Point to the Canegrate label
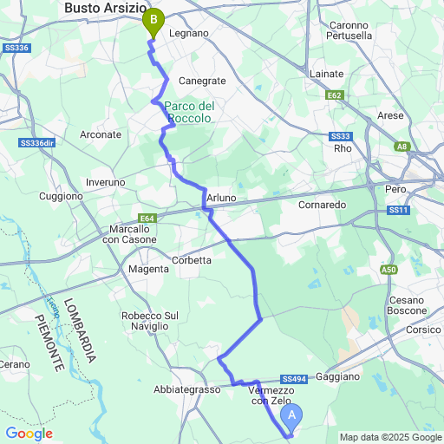[x=202, y=81]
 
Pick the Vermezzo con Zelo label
[x=270, y=395]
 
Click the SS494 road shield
[x=295, y=379]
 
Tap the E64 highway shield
[x=147, y=219]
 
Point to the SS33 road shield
[x=341, y=136]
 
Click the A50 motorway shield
[x=389, y=271]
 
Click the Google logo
[x=29, y=434]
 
